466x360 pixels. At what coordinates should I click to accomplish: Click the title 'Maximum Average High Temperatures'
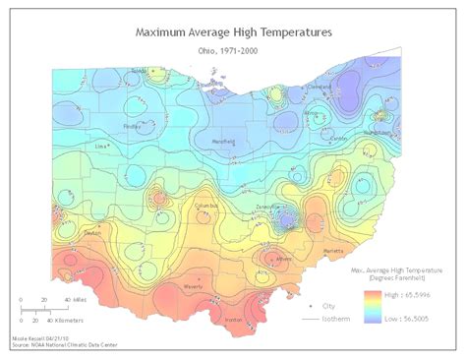[233, 31]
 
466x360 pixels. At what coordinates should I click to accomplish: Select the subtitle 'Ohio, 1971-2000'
[233, 49]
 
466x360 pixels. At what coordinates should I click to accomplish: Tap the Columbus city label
[206, 206]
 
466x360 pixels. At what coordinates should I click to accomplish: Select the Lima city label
[100, 145]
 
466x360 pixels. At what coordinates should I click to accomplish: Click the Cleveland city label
[320, 86]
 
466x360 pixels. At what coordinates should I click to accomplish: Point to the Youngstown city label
[378, 131]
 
